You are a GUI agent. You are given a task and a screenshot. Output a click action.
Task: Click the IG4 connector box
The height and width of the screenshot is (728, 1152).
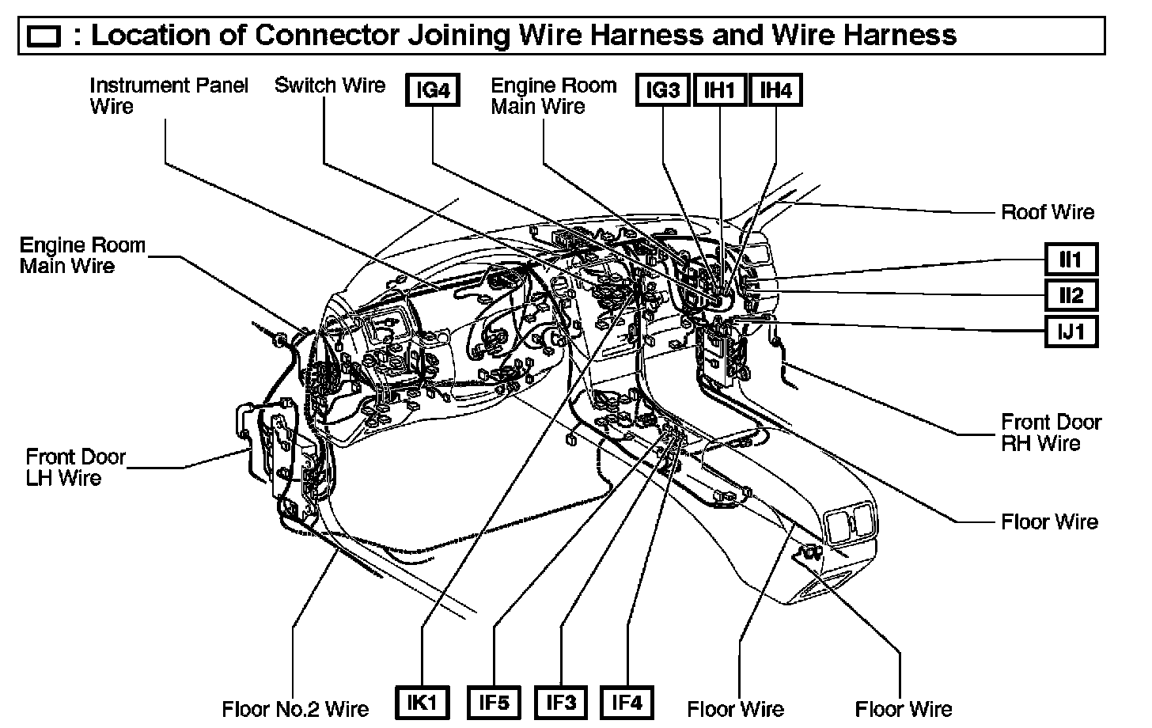(x=433, y=91)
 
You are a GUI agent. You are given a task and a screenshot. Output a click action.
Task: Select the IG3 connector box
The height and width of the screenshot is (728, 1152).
(x=663, y=91)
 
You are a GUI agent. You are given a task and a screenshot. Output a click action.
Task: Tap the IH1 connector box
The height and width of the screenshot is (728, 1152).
(x=720, y=91)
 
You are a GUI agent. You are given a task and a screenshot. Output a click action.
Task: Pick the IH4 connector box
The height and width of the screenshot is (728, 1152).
(x=775, y=91)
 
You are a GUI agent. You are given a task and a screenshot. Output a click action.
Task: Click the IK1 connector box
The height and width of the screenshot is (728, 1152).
(x=422, y=703)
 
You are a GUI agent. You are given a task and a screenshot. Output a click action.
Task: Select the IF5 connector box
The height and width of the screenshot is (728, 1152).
(x=494, y=703)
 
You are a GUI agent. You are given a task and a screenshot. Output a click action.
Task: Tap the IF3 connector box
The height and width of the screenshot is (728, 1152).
(x=561, y=703)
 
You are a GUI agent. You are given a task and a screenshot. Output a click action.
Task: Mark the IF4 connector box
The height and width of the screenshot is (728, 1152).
(x=627, y=703)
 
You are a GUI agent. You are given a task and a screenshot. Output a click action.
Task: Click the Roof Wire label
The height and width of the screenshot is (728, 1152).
(x=1048, y=212)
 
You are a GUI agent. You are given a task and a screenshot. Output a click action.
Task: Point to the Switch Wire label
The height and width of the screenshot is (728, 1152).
(x=330, y=85)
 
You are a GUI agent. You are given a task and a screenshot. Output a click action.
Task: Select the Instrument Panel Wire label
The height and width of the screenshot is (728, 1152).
(x=169, y=96)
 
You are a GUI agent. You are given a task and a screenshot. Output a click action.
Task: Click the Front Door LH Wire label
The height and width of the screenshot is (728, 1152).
(x=75, y=467)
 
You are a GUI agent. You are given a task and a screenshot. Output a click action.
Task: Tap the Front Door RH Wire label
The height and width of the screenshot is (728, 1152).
(x=1051, y=433)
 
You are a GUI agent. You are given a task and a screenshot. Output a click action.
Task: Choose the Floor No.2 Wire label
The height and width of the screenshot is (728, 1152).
(x=296, y=708)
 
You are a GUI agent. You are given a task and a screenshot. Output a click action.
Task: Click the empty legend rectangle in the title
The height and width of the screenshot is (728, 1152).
(x=44, y=36)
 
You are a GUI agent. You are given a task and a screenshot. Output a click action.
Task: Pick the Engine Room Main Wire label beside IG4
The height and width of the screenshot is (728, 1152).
(x=553, y=96)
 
